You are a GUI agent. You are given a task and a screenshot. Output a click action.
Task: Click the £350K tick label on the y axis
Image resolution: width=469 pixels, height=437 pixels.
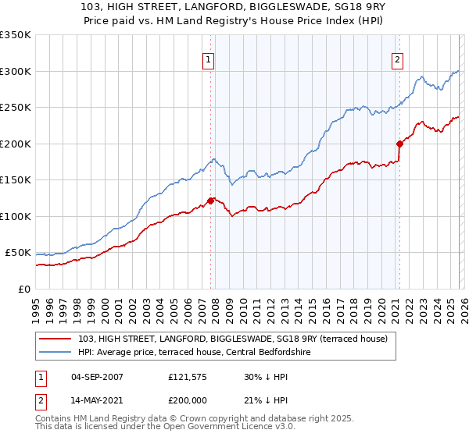point(16,35)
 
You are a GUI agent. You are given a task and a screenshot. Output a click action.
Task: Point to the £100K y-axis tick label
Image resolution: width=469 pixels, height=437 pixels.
point(16,216)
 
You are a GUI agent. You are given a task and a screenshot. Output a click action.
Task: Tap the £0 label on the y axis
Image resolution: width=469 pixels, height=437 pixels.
point(24,289)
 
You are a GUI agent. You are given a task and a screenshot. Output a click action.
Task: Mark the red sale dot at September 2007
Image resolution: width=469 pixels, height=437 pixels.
point(210,201)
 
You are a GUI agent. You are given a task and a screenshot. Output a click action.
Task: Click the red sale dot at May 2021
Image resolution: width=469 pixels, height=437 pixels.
point(399,144)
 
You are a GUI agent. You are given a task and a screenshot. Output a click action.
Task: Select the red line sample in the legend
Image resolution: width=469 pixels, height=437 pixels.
point(57,339)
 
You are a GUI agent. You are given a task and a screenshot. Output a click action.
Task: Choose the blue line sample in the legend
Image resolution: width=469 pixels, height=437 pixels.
point(57,353)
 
